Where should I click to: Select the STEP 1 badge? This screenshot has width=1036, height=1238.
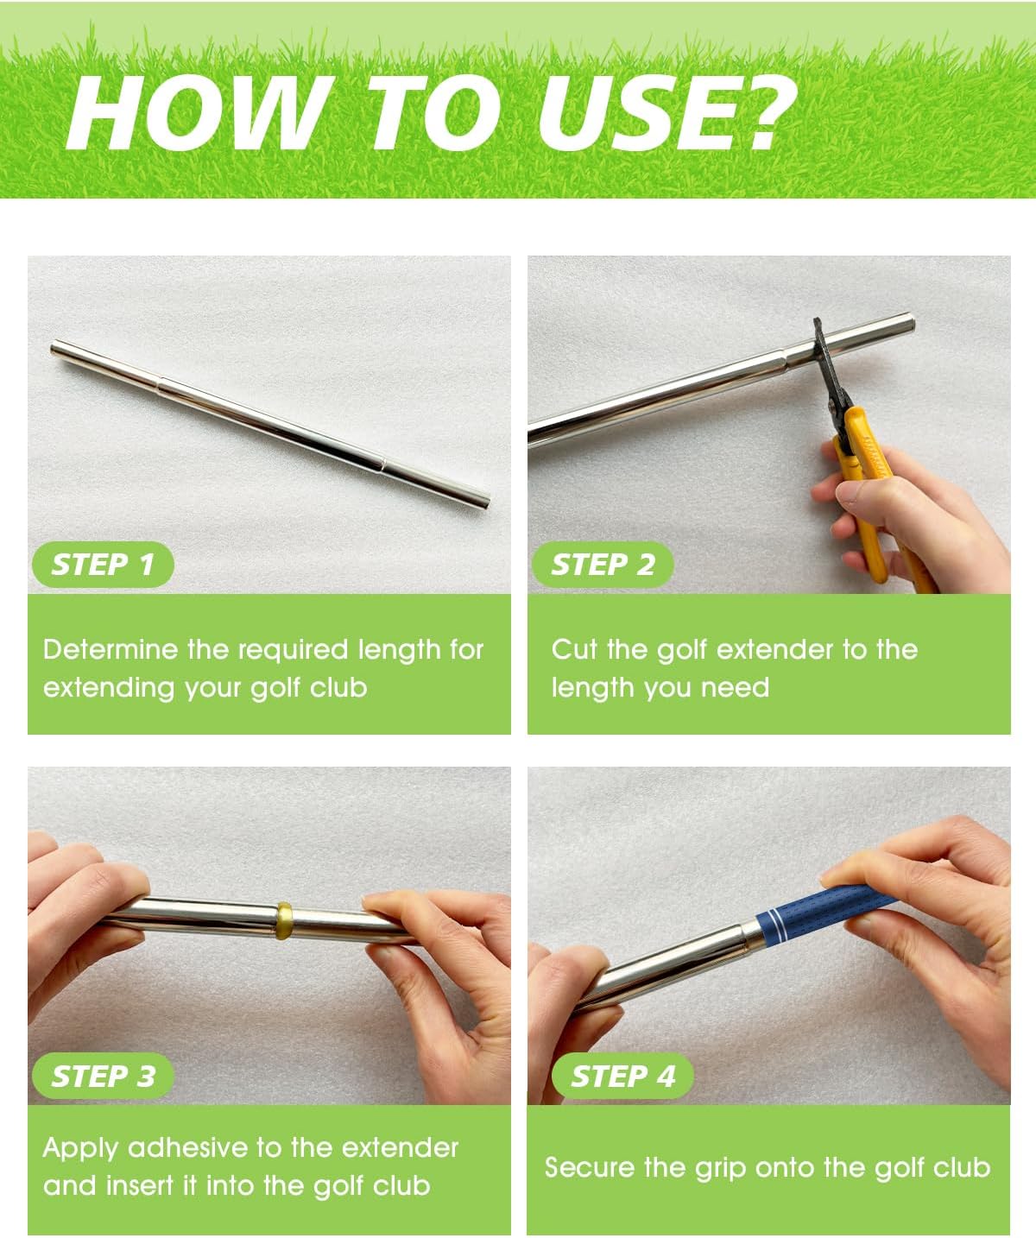(x=103, y=565)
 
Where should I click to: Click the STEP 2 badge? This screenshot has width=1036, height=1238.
(x=603, y=565)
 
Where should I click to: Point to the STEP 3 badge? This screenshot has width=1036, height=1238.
(x=103, y=1077)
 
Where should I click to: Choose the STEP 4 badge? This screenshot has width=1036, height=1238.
(x=622, y=1077)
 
